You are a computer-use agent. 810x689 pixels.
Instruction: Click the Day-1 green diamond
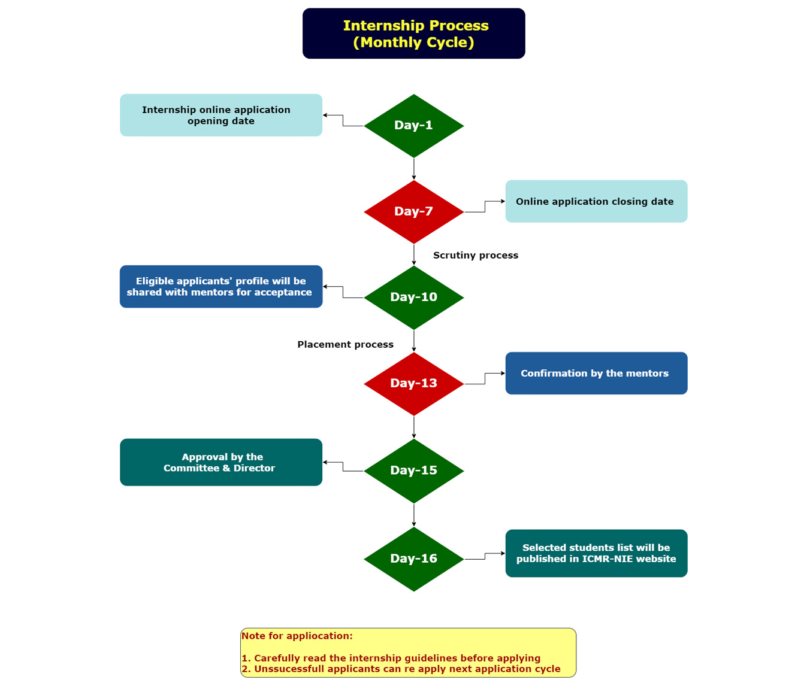pos(413,126)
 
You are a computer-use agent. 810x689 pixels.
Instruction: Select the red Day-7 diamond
pos(413,212)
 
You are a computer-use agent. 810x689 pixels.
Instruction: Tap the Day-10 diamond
pos(413,298)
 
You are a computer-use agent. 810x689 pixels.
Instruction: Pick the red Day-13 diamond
pos(413,384)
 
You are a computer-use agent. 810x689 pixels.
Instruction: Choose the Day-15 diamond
pos(413,471)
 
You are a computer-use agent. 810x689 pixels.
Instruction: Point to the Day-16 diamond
pos(413,559)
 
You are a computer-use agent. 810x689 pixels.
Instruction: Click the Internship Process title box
pos(414,34)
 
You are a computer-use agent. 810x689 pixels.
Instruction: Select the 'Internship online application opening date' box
pos(221,115)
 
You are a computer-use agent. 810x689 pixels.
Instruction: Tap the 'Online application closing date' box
pos(596,201)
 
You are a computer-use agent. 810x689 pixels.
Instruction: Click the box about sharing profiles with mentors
pos(221,287)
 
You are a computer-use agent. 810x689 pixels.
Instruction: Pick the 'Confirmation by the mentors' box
pos(596,373)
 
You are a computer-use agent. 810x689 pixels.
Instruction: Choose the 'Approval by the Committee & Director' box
pos(221,462)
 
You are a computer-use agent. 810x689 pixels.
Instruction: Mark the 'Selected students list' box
pos(596,553)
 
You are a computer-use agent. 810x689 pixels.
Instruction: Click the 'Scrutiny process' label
pos(476,256)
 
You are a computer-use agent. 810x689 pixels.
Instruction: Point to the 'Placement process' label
pos(346,345)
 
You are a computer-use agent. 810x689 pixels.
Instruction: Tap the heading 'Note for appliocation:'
pos(297,636)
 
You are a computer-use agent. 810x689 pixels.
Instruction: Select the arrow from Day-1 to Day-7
pos(414,169)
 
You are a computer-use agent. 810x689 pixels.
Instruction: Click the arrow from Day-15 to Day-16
pos(414,515)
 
